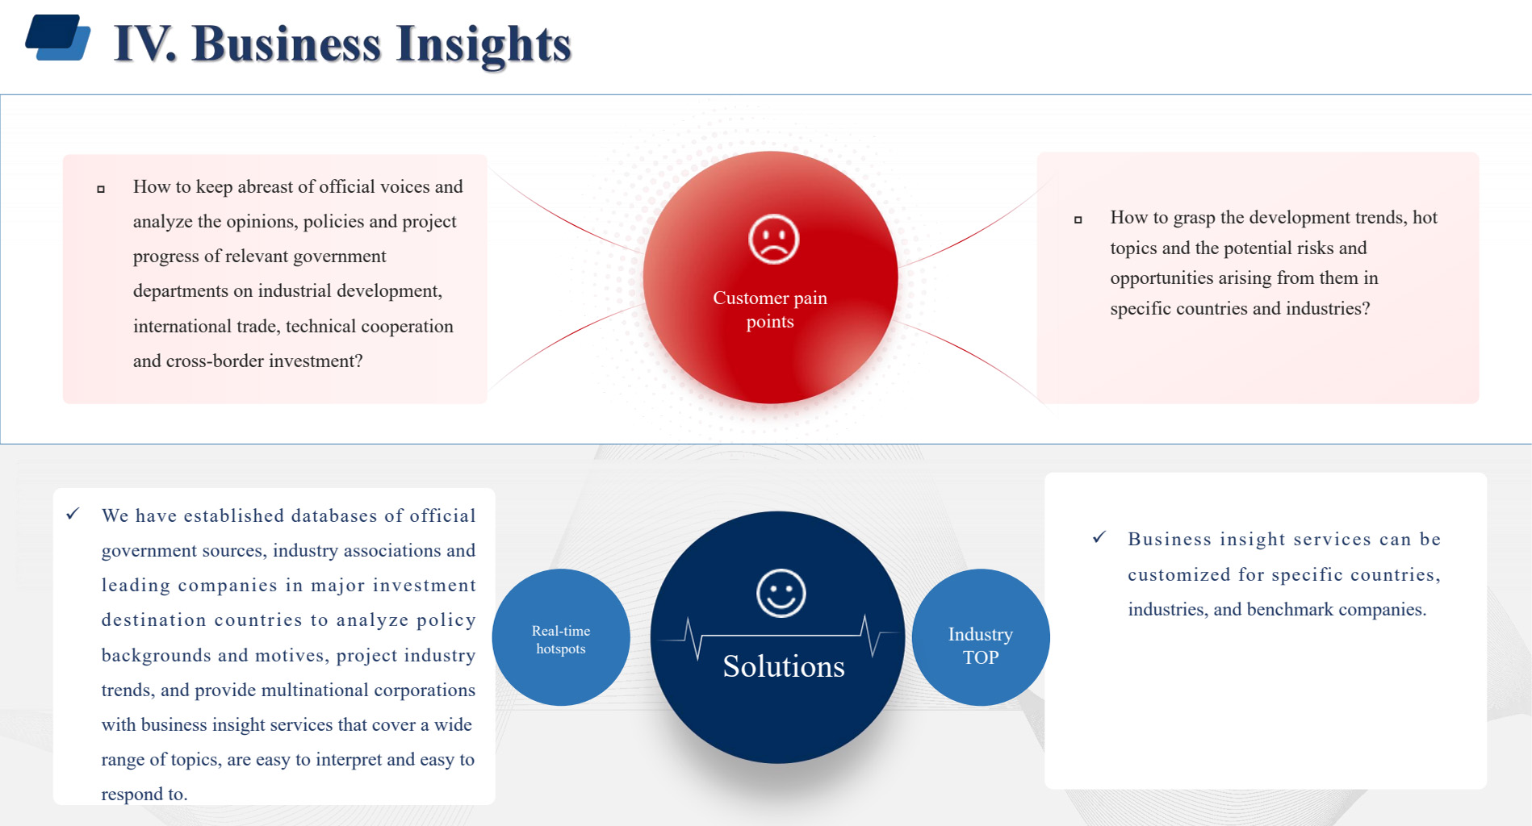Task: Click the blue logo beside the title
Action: point(58,37)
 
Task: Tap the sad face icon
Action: point(773,239)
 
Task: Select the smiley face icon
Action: point(781,594)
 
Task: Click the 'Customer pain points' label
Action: point(770,310)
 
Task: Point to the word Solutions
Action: point(783,666)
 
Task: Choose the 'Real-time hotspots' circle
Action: point(561,637)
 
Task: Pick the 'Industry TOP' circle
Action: point(981,637)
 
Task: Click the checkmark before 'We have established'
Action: point(73,514)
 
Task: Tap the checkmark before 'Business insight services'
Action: point(1099,537)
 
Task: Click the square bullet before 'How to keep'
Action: point(101,190)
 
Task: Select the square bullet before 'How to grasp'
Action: point(1078,219)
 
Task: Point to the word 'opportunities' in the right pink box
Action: point(1162,279)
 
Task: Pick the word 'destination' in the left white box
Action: point(154,620)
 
